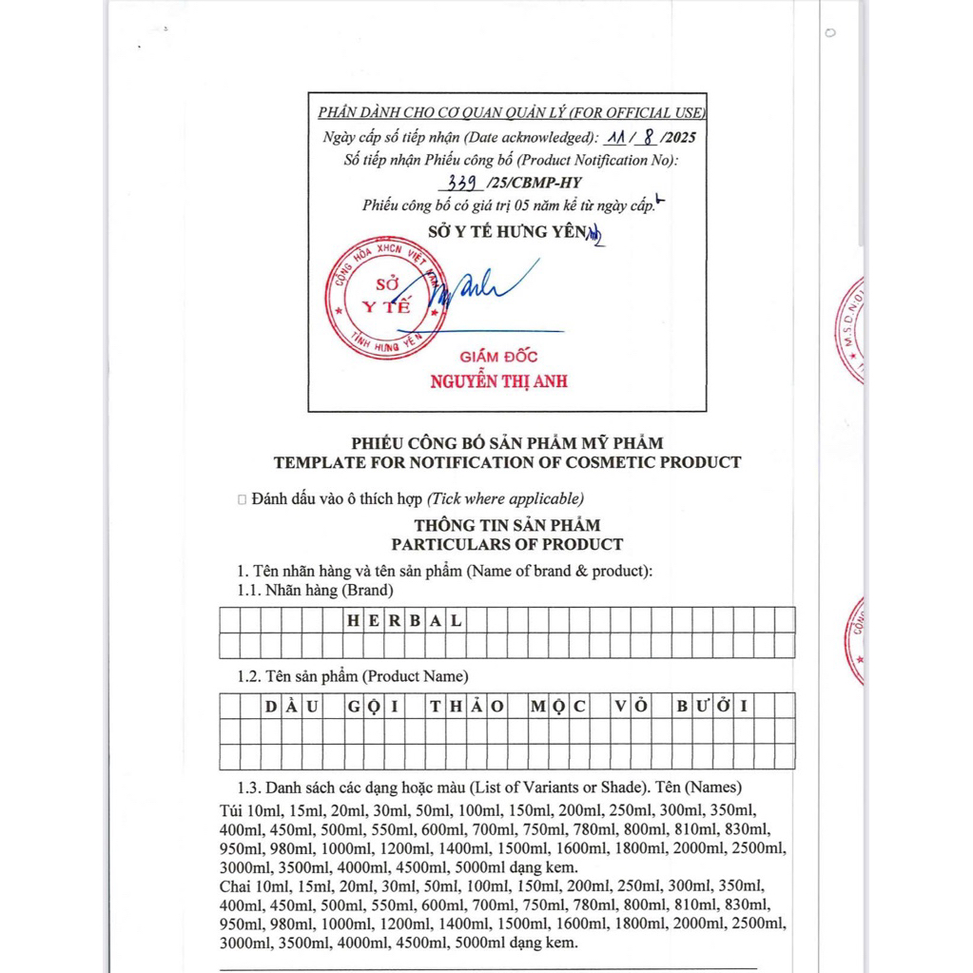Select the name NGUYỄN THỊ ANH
coord(498,381)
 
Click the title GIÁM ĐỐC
coord(498,357)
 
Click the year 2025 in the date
coord(676,137)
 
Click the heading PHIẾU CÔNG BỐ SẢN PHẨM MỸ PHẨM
coord(507,442)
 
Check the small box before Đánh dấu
coord(243,498)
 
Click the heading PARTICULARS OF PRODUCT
coord(507,544)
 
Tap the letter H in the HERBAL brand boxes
coord(353,620)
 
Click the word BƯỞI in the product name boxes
coord(712,706)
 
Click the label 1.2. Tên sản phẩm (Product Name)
coord(352,676)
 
